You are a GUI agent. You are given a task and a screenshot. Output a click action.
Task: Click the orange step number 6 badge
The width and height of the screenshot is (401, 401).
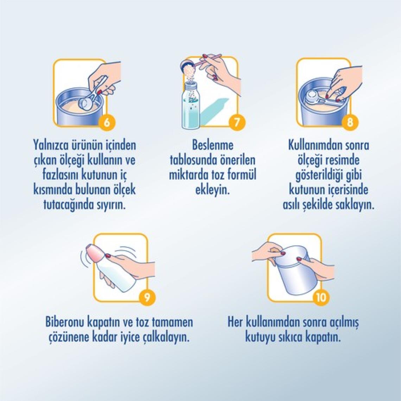tap(107, 122)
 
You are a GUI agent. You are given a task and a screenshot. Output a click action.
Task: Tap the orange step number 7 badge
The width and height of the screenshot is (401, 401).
tap(237, 122)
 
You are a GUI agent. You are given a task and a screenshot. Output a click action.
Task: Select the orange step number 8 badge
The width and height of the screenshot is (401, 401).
tap(350, 122)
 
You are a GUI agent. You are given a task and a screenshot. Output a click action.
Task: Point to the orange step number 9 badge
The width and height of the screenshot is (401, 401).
tap(147, 298)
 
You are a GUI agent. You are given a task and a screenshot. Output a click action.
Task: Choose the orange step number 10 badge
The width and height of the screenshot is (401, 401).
tap(321, 298)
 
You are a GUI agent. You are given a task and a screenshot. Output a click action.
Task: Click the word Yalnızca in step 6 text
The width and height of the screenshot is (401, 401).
tap(50, 146)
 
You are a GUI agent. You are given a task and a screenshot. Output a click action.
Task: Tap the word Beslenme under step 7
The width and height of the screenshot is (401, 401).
tap(213, 145)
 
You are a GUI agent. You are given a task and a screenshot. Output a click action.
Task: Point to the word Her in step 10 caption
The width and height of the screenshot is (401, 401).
tap(235, 322)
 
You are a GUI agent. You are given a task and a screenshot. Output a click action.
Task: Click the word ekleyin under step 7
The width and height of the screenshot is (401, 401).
tap(212, 190)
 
